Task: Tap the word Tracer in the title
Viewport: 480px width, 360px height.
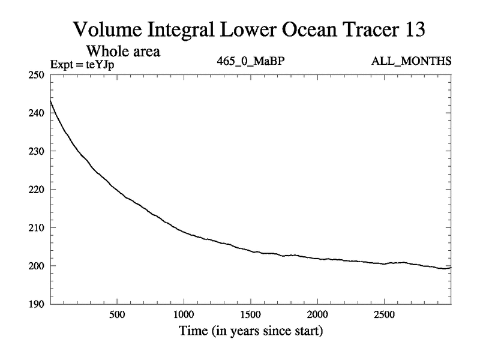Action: [x=359, y=29]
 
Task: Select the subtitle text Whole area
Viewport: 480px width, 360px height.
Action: [x=127, y=52]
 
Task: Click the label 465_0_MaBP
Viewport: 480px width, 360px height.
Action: [x=248, y=62]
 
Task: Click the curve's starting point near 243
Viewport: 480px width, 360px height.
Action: [x=50, y=101]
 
